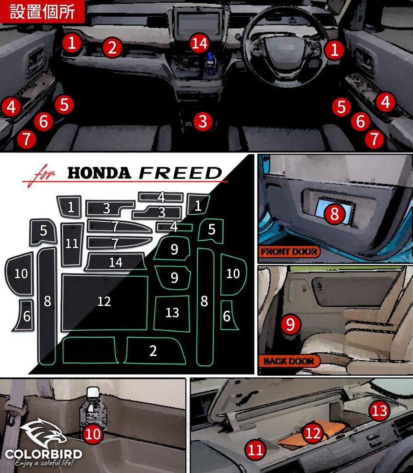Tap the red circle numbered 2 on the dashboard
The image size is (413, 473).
[112, 47]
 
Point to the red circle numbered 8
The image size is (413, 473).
[335, 214]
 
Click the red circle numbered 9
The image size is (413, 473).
[290, 324]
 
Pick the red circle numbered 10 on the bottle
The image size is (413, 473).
[93, 433]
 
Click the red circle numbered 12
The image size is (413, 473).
[313, 433]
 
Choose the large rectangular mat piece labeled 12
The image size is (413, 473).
[104, 302]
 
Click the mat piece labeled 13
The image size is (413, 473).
[172, 313]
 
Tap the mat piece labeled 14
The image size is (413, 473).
[115, 262]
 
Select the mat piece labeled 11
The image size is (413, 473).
[72, 243]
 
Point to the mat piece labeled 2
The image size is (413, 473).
[153, 351]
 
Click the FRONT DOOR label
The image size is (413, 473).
[289, 252]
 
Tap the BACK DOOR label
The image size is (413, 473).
[289, 361]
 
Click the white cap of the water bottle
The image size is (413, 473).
[93, 391]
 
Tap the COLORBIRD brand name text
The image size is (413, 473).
[43, 453]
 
